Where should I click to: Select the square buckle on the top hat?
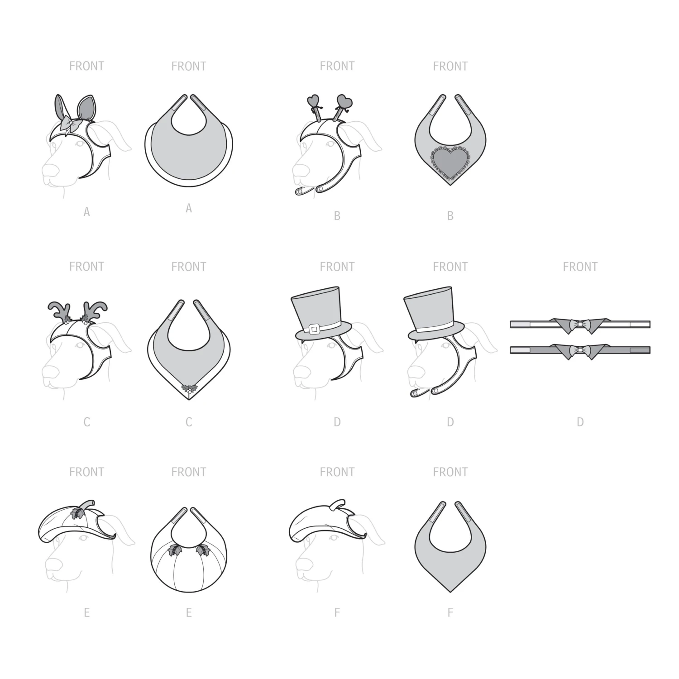point(314,327)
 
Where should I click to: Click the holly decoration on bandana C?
point(188,388)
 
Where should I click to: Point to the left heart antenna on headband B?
point(313,101)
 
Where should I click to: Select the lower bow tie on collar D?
point(580,350)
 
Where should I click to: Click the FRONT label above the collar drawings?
point(580,267)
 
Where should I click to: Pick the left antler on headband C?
point(58,310)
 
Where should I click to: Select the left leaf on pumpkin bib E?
point(174,550)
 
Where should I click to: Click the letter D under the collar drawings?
point(580,422)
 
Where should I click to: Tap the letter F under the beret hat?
point(337,613)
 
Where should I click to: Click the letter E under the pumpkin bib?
point(188,613)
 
